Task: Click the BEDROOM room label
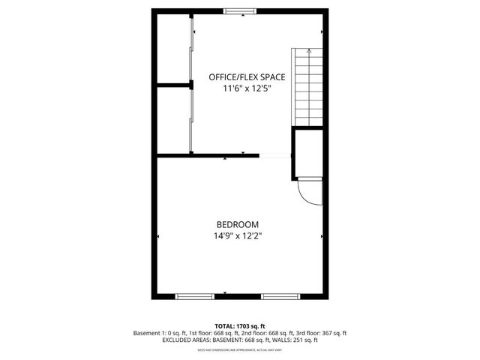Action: (238, 224)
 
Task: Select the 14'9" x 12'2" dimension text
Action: (238, 235)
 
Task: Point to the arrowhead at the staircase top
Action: (309, 52)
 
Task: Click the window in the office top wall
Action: (238, 10)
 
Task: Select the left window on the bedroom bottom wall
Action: (196, 296)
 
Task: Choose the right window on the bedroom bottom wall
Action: (281, 296)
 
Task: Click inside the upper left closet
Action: (172, 46)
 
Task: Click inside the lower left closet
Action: (172, 120)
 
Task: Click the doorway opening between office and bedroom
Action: (275, 155)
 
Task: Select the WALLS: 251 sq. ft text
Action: (294, 340)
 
